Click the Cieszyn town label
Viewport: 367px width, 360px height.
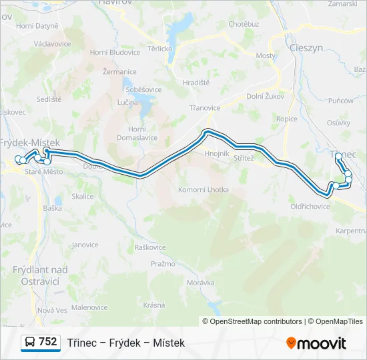coord(306,48)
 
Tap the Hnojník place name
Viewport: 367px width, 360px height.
coord(218,153)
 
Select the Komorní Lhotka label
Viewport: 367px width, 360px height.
coord(203,190)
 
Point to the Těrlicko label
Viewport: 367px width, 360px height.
coord(160,49)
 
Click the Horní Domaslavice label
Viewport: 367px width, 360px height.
coord(137,133)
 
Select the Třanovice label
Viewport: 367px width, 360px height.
coord(205,108)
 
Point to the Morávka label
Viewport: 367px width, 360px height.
coord(200,283)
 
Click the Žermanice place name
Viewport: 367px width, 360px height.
coord(116,70)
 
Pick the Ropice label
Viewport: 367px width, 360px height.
coord(287,119)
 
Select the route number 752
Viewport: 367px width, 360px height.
coord(48,342)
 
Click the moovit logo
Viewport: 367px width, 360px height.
coord(316,343)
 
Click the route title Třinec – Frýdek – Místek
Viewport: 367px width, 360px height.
coord(125,343)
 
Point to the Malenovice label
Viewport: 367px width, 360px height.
coord(89,307)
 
